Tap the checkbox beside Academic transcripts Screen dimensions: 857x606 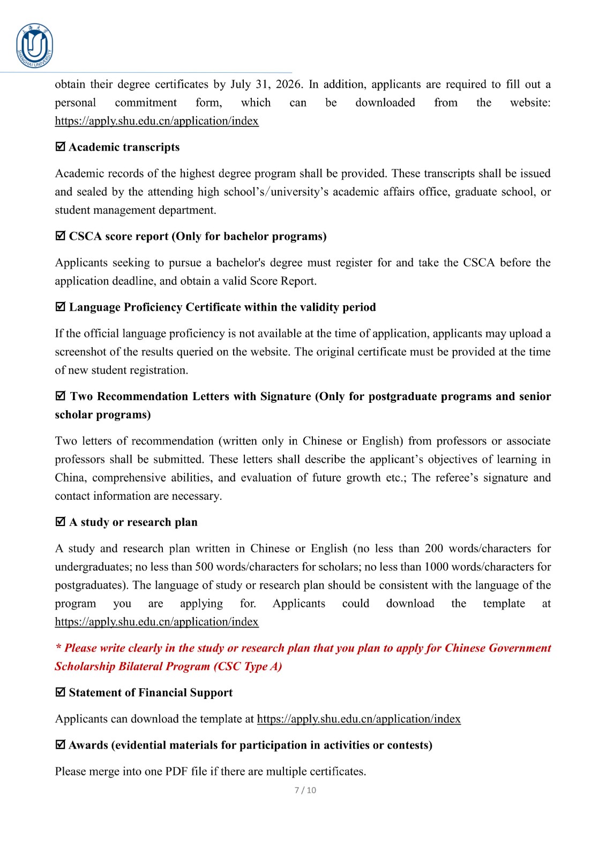[61, 146]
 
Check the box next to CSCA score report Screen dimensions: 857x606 [61, 236]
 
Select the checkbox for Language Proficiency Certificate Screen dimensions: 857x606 [61, 306]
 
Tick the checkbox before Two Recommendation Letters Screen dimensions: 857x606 [61, 396]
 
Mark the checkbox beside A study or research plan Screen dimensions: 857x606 [61, 522]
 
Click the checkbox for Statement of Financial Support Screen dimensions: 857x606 [61, 692]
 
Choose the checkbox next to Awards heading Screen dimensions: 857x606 [61, 745]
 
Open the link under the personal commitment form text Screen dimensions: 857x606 [156, 121]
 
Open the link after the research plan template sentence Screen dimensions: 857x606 [156, 622]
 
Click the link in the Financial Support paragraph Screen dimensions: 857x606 [358, 719]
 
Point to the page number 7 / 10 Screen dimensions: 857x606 [305, 790]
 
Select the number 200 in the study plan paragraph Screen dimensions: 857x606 [434, 548]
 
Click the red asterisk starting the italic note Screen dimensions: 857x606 [58, 648]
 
